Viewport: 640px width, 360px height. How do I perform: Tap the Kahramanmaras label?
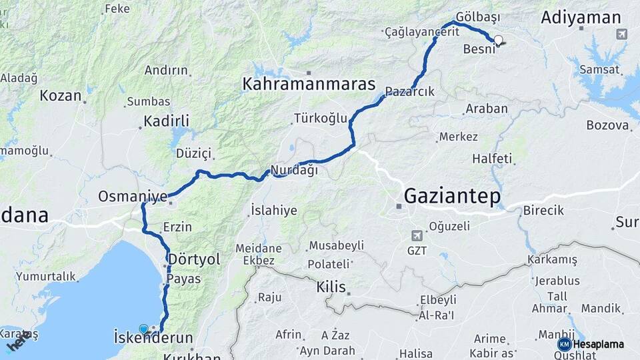[x=309, y=85]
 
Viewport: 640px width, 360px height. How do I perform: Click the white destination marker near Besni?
[x=498, y=41]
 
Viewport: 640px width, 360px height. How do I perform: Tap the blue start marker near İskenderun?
[x=143, y=329]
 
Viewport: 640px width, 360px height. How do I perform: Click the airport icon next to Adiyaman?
[x=621, y=35]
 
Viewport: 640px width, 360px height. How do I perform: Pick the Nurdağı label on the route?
[x=294, y=170]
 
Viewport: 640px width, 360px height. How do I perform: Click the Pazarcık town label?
[x=409, y=91]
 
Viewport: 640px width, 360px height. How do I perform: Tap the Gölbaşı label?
[x=478, y=16]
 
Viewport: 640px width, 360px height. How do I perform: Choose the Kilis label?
[x=331, y=287]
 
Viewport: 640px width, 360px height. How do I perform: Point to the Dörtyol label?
[x=194, y=259]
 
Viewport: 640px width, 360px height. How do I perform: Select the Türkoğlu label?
[x=321, y=119]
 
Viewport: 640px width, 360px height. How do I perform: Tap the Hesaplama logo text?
[x=599, y=345]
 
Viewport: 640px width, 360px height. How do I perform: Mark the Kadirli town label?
[x=167, y=121]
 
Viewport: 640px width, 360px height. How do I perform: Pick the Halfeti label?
[x=492, y=159]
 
